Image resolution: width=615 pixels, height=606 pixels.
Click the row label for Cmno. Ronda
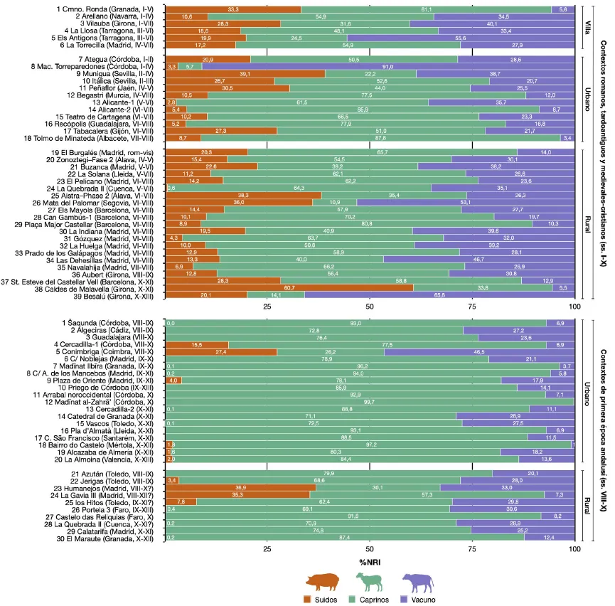click(107, 9)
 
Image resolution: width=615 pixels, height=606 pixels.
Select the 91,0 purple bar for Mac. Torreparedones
click(388, 66)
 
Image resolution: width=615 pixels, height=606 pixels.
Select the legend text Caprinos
click(375, 600)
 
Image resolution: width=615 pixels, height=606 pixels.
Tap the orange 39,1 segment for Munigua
click(245, 73)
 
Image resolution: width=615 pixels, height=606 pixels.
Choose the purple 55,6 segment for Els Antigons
click(460, 38)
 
